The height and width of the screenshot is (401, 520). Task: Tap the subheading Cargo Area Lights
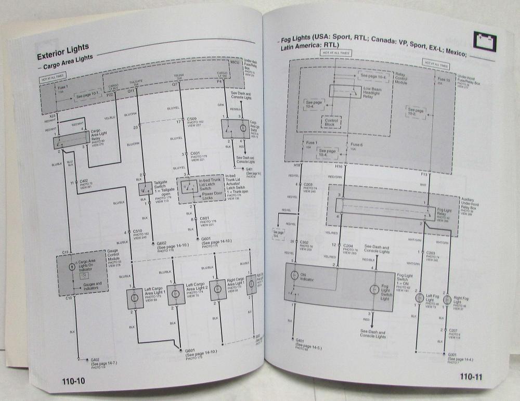click(x=68, y=66)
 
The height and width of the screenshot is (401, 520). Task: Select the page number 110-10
click(x=68, y=381)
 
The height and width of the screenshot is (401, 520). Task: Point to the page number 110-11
click(x=471, y=377)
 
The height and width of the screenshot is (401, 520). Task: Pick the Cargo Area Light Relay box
click(x=71, y=139)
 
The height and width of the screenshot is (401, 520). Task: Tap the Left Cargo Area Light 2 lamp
click(x=176, y=294)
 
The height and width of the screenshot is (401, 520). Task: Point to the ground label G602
click(x=163, y=243)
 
